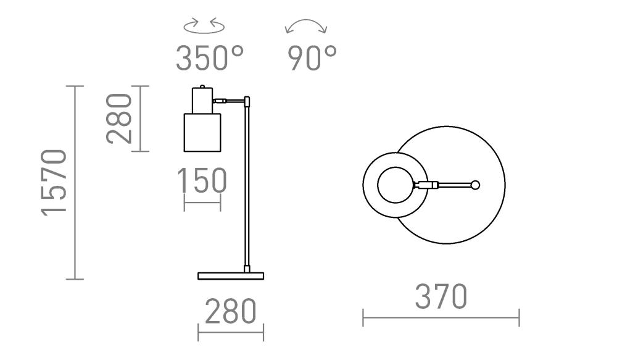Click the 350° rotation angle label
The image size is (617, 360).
pyautogui.click(x=210, y=58)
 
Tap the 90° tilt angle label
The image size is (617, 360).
pyautogui.click(x=312, y=58)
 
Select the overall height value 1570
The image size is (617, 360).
pyautogui.click(x=54, y=183)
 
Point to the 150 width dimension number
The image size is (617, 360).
pyautogui.click(x=202, y=180)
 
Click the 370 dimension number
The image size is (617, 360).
pyautogui.click(x=441, y=296)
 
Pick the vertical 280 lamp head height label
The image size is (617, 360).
pyautogui.click(x=119, y=118)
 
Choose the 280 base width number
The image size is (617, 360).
pyautogui.click(x=231, y=311)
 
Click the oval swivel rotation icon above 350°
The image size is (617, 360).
pyautogui.click(x=204, y=25)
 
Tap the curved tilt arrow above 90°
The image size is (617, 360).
pyautogui.click(x=306, y=25)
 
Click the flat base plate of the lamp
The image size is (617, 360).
pyautogui.click(x=231, y=275)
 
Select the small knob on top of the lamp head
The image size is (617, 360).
pyautogui.click(x=202, y=86)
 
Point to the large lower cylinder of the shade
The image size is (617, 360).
pyautogui.click(x=202, y=133)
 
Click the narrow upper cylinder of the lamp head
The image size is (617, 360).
pyautogui.click(x=202, y=101)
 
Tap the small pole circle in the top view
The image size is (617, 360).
pyautogui.click(x=475, y=185)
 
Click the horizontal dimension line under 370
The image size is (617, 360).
pyautogui.click(x=441, y=318)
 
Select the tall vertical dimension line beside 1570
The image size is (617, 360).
pyautogui.click(x=75, y=183)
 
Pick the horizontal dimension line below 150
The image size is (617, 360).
pyautogui.click(x=202, y=203)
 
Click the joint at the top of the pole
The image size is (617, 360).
pyautogui.click(x=247, y=102)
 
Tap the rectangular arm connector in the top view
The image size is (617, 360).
pyautogui.click(x=428, y=185)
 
